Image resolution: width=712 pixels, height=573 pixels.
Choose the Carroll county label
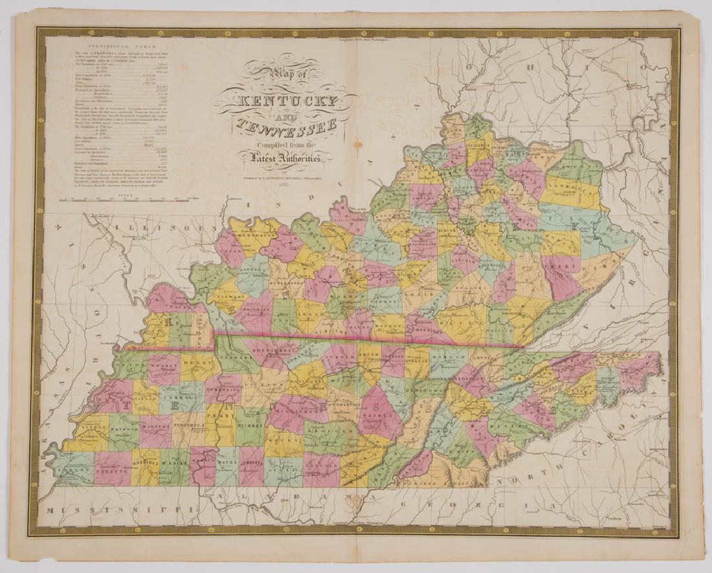click(x=180, y=392)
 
